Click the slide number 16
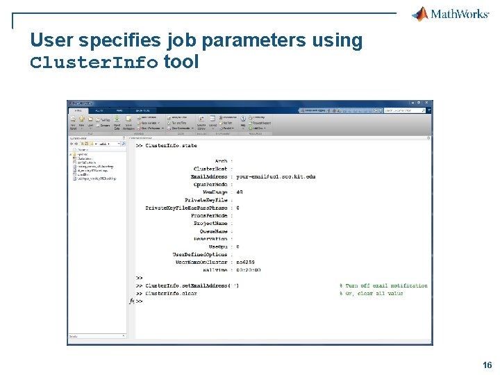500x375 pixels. coord(487,365)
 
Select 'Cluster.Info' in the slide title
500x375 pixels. coord(94,62)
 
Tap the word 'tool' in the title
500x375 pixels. coord(181,62)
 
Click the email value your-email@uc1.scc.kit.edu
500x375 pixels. coord(276,176)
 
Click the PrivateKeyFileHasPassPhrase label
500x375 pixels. coord(186,208)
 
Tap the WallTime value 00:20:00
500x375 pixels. coord(248,270)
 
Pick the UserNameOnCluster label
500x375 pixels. coord(201,262)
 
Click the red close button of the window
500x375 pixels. coord(430,103)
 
